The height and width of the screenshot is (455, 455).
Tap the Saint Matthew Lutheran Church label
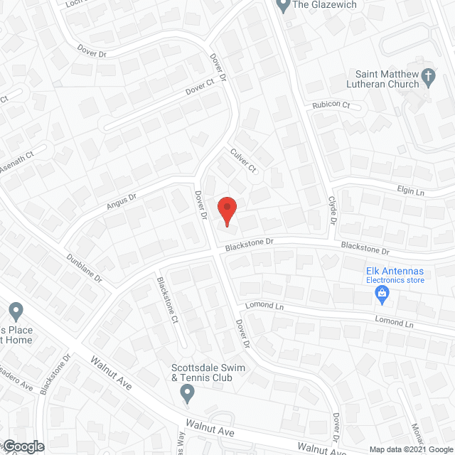point(388,80)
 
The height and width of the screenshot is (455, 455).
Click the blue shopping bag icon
point(382,292)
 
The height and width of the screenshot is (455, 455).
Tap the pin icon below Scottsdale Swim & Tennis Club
point(188,395)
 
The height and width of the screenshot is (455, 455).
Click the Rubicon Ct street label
point(331,105)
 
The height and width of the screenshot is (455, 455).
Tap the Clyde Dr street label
point(332,211)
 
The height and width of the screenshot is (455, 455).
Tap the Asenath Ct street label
point(18,159)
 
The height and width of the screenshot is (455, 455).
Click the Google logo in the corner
point(23,446)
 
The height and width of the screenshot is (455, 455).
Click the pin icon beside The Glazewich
point(283,6)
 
